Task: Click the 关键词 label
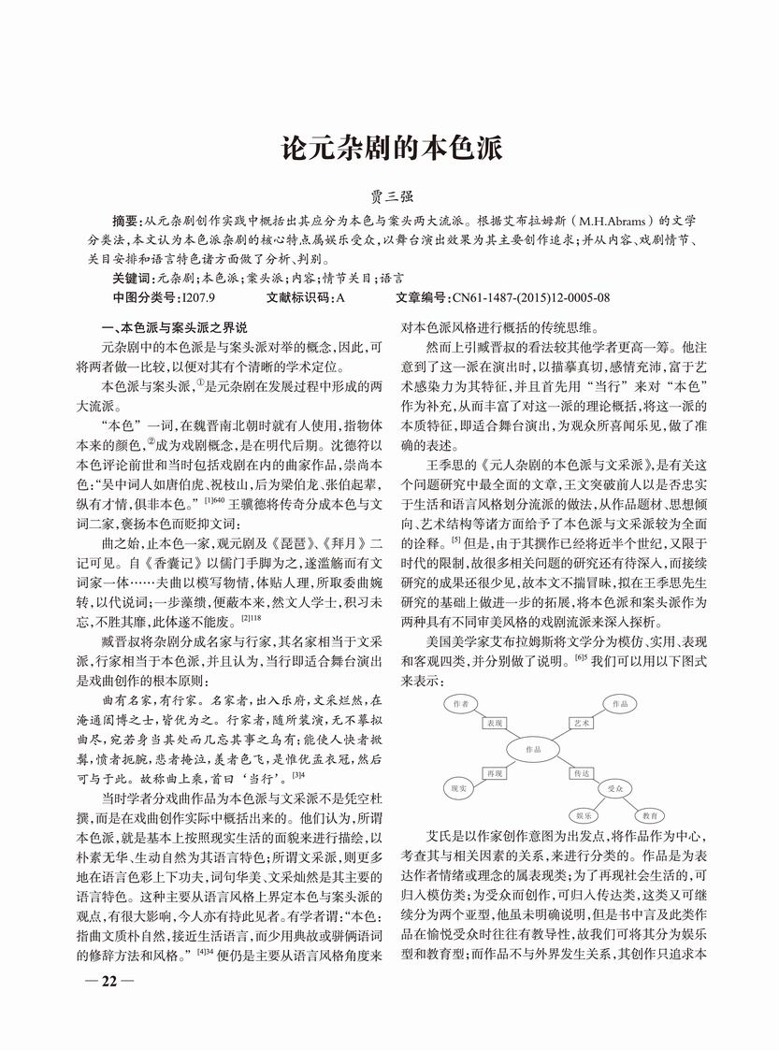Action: (132, 279)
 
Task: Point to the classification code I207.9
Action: (199, 298)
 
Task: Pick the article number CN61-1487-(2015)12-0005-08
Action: (530, 298)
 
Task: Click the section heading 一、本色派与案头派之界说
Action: (175, 328)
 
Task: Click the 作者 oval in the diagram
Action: (459, 702)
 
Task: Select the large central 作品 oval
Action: (534, 750)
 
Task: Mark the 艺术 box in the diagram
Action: (581, 724)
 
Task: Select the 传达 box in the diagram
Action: (581, 774)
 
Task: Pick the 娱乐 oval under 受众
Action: (584, 815)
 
